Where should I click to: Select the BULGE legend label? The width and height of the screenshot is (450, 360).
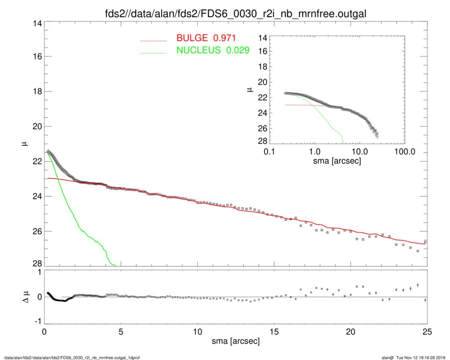click(205, 38)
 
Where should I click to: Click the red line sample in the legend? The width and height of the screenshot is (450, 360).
click(153, 40)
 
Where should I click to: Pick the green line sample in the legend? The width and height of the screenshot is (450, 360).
click(153, 52)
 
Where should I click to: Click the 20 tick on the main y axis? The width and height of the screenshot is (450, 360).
click(35, 126)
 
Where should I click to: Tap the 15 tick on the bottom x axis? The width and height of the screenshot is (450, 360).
click(274, 332)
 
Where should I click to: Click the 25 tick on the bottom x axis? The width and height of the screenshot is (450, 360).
click(427, 332)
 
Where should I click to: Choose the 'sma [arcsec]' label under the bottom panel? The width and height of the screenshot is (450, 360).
click(235, 341)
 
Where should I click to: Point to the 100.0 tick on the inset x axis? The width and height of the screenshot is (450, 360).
click(405, 152)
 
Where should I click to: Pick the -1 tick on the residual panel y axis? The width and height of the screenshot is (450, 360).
click(36, 322)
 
